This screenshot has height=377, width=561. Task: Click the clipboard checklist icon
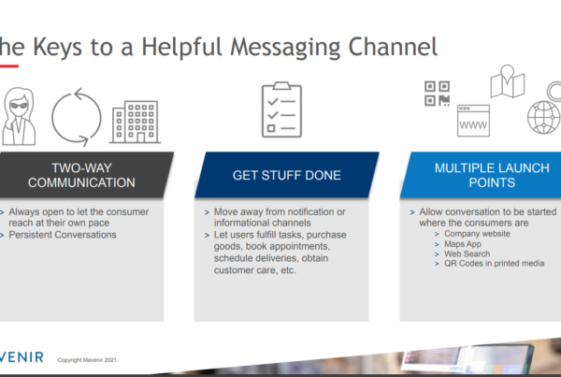(282, 109)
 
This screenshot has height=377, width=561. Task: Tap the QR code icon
(437, 94)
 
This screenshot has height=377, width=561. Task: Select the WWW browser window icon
(473, 121)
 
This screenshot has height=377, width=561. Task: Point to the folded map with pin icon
(508, 81)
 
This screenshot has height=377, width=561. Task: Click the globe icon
(543, 118)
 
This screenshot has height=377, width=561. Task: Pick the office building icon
(136, 123)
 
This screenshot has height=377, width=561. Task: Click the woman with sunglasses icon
(19, 116)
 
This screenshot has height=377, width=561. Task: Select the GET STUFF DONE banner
(287, 175)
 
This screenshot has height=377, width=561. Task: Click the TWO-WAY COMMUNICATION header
(81, 175)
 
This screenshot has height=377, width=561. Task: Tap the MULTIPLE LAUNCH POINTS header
(492, 175)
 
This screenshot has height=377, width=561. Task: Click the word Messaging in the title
(286, 48)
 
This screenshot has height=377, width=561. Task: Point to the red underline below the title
(9, 65)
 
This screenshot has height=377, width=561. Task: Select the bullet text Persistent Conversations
(63, 235)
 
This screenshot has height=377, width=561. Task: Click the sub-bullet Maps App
(463, 244)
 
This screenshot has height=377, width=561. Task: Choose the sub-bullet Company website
(477, 234)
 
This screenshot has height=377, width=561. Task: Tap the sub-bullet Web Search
(467, 254)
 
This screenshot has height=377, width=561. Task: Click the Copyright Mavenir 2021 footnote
(88, 360)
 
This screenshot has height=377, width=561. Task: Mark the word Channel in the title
(393, 47)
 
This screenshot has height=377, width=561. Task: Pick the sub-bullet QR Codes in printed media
(494, 264)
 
